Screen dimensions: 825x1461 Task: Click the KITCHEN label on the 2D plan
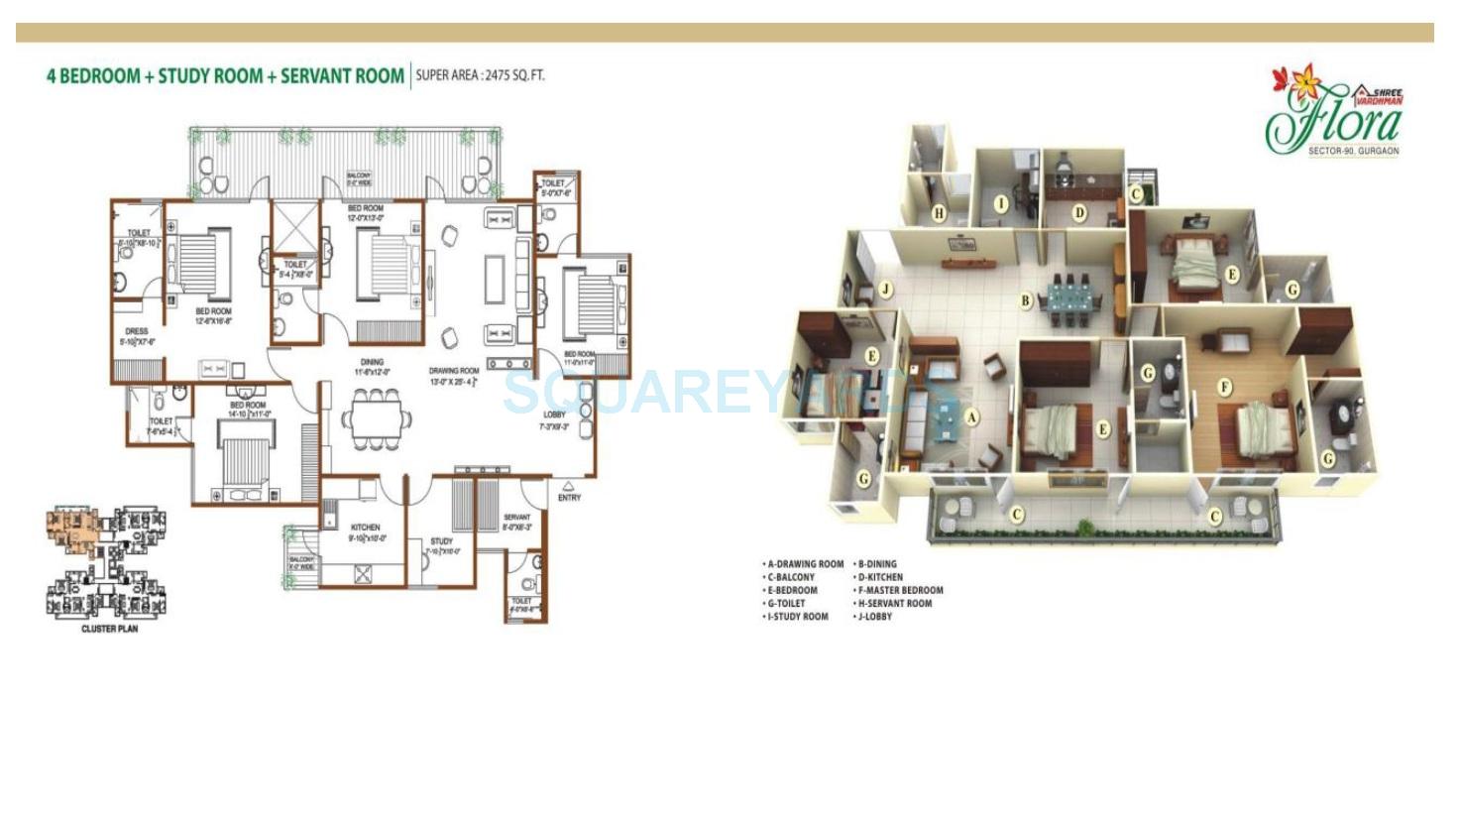tap(365, 528)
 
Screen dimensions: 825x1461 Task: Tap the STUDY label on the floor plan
tap(442, 541)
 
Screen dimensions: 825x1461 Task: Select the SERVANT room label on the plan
tap(516, 518)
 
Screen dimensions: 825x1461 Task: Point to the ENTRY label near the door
tap(569, 498)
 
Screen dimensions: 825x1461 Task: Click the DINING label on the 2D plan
tap(372, 362)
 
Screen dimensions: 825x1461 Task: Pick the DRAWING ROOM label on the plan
tap(454, 371)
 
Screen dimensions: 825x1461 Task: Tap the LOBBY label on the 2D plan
tap(554, 414)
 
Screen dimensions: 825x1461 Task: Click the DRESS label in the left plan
tap(136, 331)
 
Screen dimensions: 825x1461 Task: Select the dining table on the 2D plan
tap(375, 417)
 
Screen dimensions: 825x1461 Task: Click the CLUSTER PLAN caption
tap(109, 629)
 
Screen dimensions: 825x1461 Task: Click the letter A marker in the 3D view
tap(971, 417)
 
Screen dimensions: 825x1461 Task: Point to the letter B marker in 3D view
tap(1026, 300)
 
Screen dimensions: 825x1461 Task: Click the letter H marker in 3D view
tap(939, 212)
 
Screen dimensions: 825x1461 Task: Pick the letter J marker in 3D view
tap(886, 291)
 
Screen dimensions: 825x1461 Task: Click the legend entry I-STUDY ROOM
tap(795, 617)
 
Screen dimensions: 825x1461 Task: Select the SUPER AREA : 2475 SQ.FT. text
tap(480, 74)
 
